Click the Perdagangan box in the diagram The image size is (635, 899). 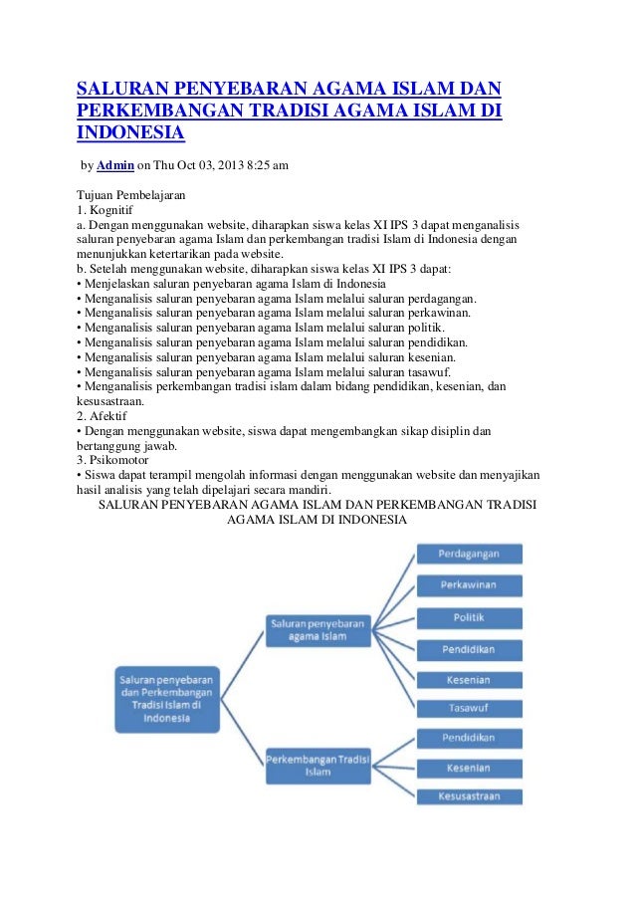pyautogui.click(x=468, y=554)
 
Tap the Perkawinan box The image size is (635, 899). pyautogui.click(x=468, y=585)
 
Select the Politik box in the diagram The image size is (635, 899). pyautogui.click(x=468, y=617)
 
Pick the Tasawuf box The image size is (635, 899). pyautogui.click(x=468, y=708)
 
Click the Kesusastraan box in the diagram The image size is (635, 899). pyautogui.click(x=468, y=796)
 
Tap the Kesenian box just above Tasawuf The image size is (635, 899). pyautogui.click(x=468, y=680)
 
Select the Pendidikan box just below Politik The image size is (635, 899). pyautogui.click(x=468, y=650)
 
